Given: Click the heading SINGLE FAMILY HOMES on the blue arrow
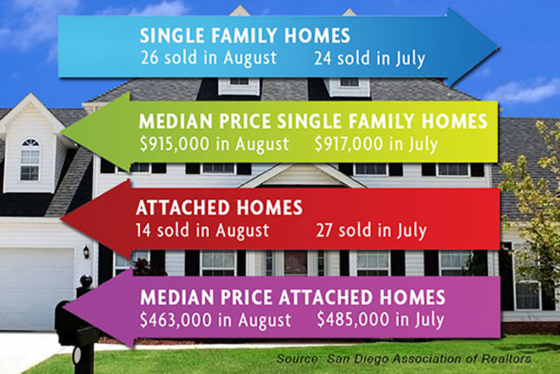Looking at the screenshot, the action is pos(245,35).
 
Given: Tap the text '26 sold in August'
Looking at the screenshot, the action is pos(208,58).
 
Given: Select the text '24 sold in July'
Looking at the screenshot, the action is pos(369,59).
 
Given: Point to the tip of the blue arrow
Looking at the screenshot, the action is pos(499,46).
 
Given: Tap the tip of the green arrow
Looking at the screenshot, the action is pos(61,133).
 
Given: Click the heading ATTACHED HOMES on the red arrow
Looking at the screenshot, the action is pos(219,208).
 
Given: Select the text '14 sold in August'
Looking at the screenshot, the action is pos(202,231).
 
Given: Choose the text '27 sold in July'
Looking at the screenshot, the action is pos(371,231).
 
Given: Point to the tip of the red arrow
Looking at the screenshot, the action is pos(61,219).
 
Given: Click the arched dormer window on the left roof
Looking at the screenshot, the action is pos(30,159).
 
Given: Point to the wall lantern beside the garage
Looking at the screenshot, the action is pos(86,251).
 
